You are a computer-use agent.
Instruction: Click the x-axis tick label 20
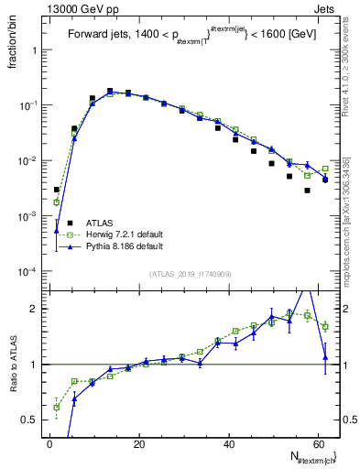pos(137,443)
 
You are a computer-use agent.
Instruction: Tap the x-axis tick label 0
pos(49,443)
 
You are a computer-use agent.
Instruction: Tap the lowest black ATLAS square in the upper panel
pos(308,191)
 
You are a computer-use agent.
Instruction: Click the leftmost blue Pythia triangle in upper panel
pos(57,231)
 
